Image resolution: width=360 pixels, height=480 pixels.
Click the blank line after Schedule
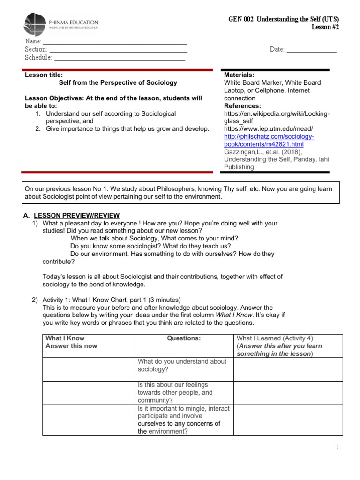click(119, 58)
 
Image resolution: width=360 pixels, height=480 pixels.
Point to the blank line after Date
click(311, 50)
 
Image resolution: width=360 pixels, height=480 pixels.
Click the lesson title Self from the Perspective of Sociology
click(118, 82)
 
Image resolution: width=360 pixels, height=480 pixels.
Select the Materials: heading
click(239, 75)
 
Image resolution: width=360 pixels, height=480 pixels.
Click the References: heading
click(242, 106)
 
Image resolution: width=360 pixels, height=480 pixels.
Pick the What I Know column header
click(65, 338)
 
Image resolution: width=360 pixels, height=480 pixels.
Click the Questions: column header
click(183, 338)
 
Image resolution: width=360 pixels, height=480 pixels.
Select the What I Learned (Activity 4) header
click(275, 338)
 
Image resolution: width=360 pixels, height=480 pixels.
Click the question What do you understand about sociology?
click(181, 365)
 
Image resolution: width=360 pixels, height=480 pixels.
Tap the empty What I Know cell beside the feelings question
click(89, 392)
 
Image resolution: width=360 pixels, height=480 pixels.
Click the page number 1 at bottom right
click(337, 448)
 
